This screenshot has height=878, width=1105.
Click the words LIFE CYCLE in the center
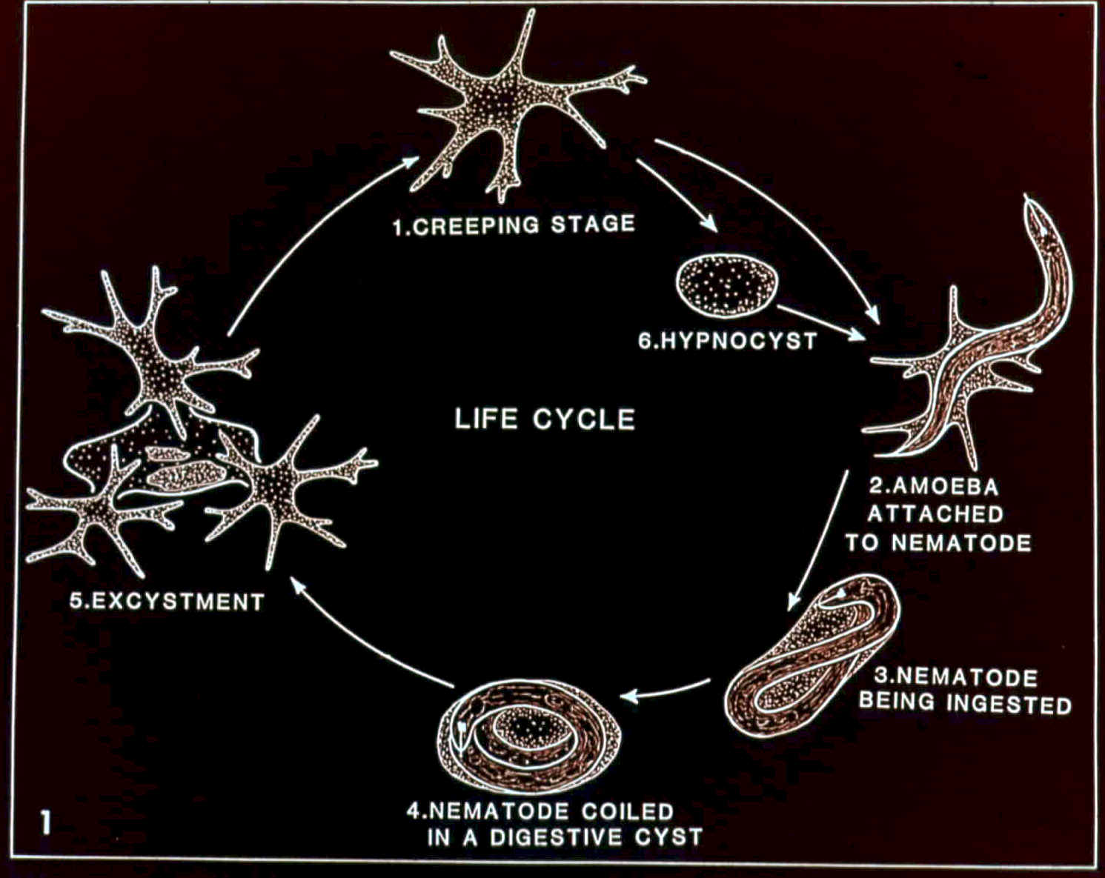tap(545, 419)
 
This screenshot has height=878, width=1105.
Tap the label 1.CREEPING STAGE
tap(514, 225)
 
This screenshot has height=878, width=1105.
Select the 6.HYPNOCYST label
tap(728, 341)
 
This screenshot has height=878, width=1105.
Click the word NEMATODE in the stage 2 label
tap(960, 542)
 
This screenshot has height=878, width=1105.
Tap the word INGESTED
tap(1010, 703)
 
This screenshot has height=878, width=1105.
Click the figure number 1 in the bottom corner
tap(46, 822)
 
